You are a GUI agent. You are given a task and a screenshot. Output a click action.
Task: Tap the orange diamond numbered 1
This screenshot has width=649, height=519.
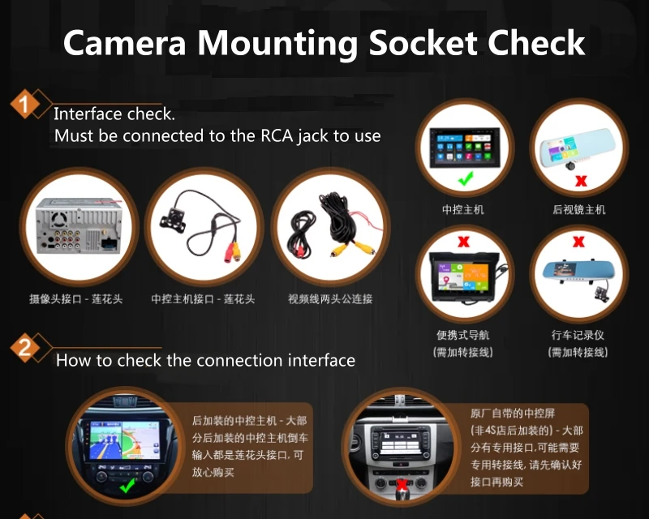coord(25,105)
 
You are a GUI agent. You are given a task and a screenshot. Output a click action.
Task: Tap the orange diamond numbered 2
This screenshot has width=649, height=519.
coord(25,349)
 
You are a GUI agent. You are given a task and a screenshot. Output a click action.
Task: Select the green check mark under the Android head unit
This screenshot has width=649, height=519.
coord(465,178)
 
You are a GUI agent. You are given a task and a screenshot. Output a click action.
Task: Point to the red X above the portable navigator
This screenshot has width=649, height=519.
coord(463,241)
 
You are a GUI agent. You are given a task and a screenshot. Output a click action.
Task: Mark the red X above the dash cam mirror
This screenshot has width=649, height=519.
coord(578,241)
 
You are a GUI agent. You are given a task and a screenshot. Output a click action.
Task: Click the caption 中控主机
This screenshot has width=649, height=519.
coord(463,210)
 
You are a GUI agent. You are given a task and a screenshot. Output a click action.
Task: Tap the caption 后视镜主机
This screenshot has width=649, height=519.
coord(578,210)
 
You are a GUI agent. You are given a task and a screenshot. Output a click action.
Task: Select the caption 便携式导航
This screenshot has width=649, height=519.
coord(463,335)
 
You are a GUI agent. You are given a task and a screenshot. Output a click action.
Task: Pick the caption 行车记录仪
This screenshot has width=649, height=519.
coord(578,335)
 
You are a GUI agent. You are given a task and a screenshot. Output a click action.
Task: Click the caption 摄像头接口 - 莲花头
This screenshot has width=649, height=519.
coord(76,299)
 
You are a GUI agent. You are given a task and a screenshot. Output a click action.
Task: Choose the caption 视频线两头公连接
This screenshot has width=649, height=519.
coord(330,299)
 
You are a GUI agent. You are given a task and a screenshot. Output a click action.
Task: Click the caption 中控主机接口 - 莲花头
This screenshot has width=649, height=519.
coord(203,299)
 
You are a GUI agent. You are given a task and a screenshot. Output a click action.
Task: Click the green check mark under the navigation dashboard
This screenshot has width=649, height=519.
coord(127,486)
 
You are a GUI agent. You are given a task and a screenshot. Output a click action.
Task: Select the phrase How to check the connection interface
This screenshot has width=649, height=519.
coord(205,360)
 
